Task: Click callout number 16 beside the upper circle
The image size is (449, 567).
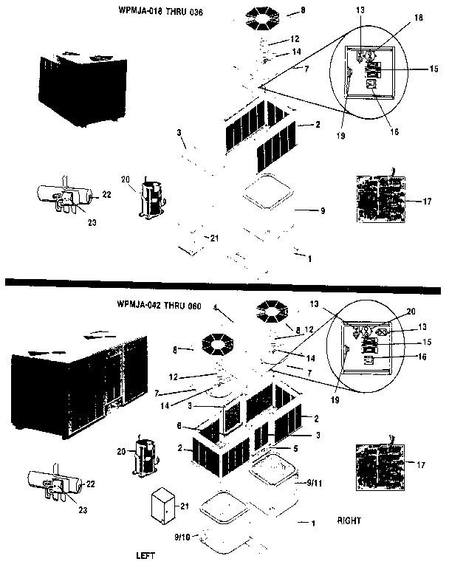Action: coord(394,132)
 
